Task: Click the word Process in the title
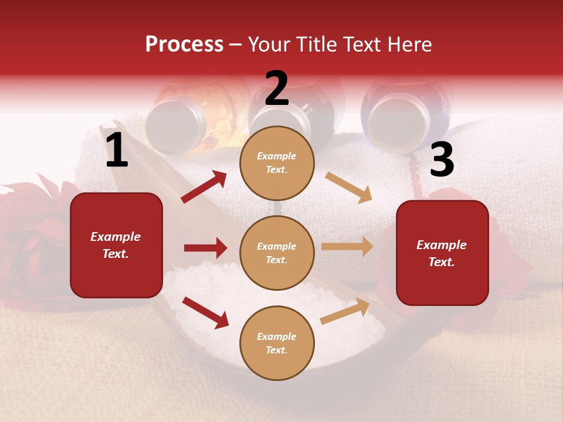pos(184,44)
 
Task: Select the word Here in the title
pos(408,44)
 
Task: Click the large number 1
pos(117,151)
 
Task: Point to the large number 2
pos(277,89)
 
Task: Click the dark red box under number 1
pos(116,245)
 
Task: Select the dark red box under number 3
pos(442,253)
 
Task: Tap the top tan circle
pos(277,162)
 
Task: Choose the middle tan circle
pos(277,253)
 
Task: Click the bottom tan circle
pos(277,343)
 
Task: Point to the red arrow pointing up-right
pos(204,187)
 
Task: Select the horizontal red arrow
pos(205,248)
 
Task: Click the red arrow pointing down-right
pos(205,312)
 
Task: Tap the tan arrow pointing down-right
pos(349,187)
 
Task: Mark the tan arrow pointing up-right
pos(345,311)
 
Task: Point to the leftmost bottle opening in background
pos(175,123)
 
